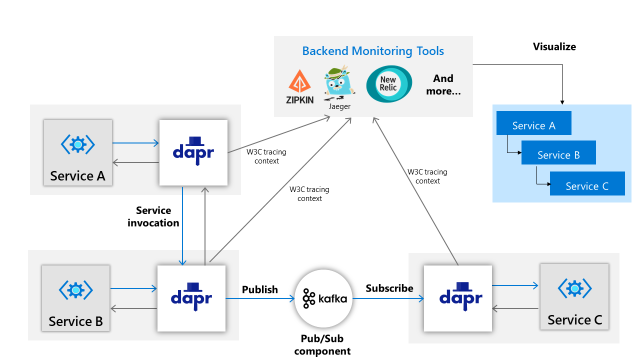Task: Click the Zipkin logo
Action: (300, 85)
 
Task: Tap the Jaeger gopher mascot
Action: (339, 82)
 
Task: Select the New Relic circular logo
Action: (389, 84)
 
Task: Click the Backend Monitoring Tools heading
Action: (373, 51)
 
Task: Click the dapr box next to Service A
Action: (193, 151)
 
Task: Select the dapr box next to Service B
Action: (191, 298)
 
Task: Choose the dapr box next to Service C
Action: (457, 298)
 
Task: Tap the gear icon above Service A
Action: (77, 144)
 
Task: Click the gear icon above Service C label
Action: (574, 288)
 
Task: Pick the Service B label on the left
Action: (75, 321)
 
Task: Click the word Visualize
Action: (554, 47)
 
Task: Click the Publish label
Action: (259, 289)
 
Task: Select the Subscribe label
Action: (389, 288)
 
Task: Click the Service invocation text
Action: (153, 216)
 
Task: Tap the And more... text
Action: (443, 85)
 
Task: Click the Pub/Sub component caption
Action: (322, 345)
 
